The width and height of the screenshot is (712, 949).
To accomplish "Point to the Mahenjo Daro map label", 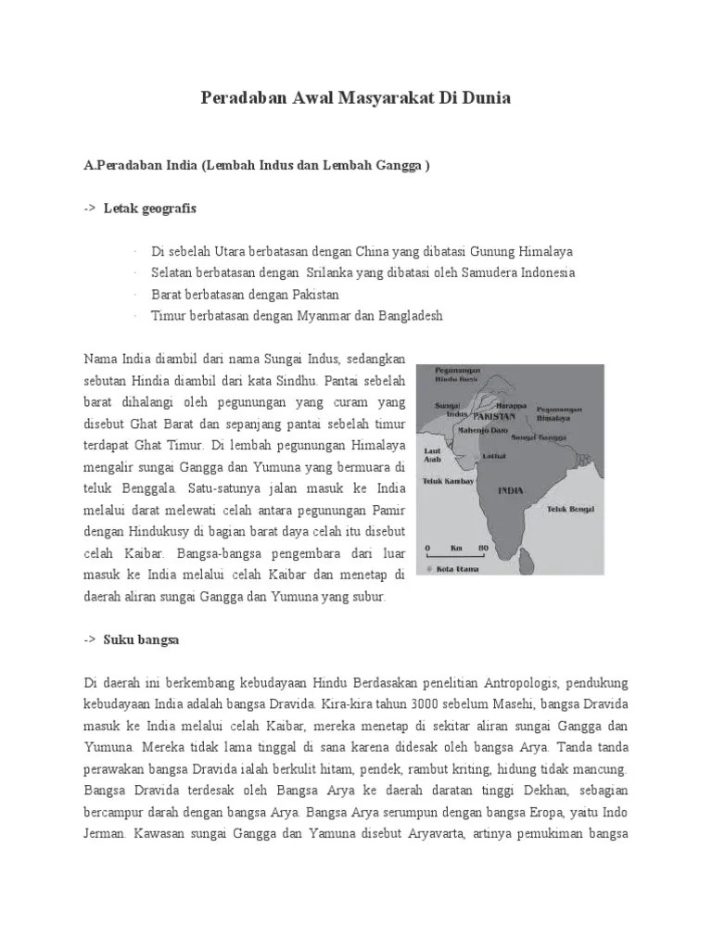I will click(484, 430).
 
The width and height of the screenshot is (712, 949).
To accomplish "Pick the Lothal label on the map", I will click(493, 456).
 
